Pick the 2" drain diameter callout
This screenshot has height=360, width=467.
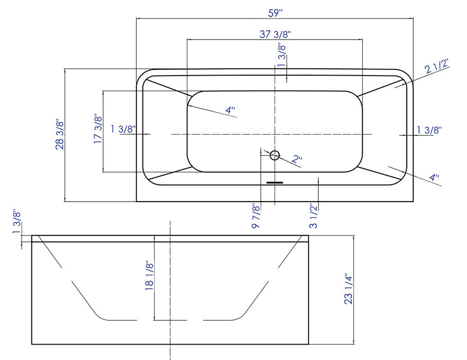point(297,160)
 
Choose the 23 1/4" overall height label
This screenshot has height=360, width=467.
point(350,289)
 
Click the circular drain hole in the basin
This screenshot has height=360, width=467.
point(275,154)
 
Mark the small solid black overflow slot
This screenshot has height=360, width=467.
point(275,182)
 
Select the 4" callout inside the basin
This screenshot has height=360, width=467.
point(230,110)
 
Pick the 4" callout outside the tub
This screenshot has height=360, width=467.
point(434,178)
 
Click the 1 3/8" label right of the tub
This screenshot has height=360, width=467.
point(429,130)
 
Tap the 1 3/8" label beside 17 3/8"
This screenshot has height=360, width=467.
point(123,129)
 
